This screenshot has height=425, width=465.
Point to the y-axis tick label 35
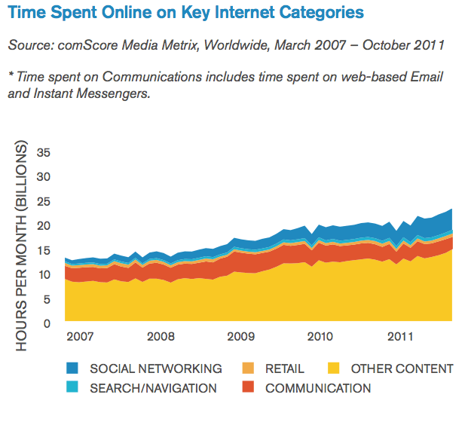pos(44,152)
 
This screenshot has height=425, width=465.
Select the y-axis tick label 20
pos(44,226)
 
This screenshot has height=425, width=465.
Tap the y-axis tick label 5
pos(47,300)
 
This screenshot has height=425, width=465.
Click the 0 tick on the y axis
pos(47,324)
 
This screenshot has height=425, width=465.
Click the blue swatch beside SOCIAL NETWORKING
pos(72,368)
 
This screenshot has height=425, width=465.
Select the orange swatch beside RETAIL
pos(248,368)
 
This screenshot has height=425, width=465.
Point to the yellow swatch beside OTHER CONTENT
pos(334,368)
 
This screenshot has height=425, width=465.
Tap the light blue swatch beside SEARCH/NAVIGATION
pos(72,388)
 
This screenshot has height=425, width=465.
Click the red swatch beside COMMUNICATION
pos(248,388)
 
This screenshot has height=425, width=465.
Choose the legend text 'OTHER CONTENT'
pos(402,368)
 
